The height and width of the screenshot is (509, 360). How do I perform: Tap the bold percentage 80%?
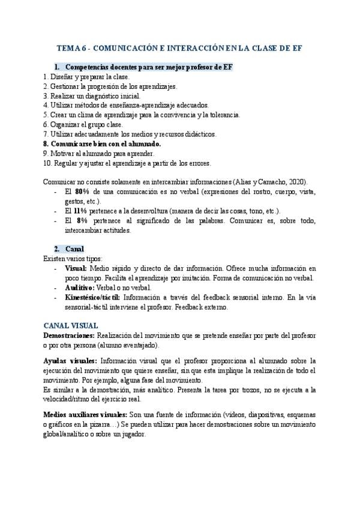83,191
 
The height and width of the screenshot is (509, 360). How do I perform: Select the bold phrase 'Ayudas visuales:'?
70,361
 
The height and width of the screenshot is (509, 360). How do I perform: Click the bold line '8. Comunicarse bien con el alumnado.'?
102,144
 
